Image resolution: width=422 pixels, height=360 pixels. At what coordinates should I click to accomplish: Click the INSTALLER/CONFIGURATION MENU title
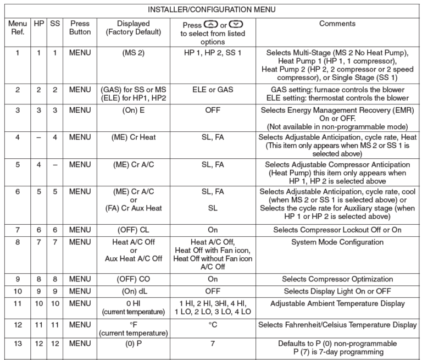[212, 9]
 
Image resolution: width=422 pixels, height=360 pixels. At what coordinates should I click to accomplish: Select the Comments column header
[337, 24]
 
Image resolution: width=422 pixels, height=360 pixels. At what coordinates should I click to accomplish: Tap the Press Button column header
[80, 29]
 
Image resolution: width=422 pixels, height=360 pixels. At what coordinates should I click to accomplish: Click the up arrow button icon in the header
[210, 25]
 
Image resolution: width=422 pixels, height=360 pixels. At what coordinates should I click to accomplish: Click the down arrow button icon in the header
[235, 25]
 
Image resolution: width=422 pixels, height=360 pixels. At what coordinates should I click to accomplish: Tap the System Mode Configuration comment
[337, 242]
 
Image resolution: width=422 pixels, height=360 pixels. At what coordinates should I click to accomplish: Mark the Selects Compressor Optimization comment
[337, 279]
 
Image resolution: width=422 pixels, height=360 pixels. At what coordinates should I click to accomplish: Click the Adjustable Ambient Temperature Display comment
[337, 303]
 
